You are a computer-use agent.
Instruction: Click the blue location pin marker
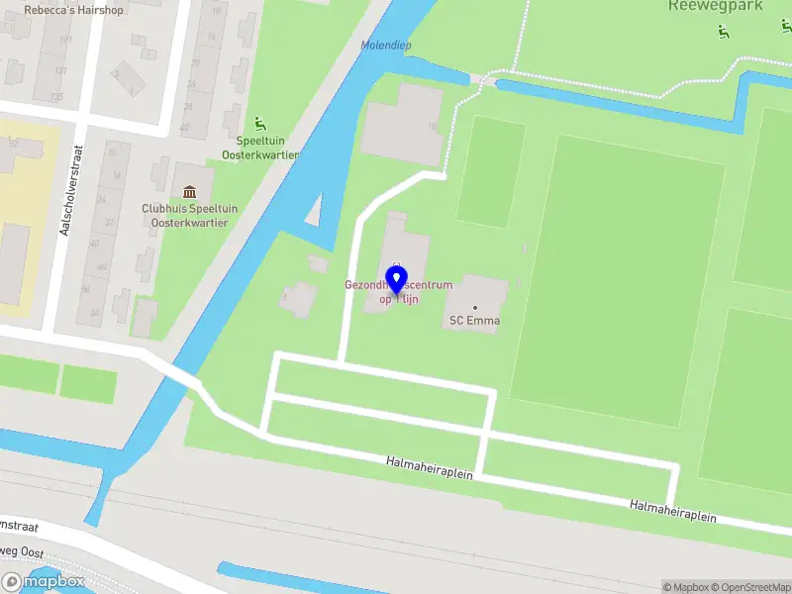(x=401, y=280)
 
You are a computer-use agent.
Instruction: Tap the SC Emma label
(x=474, y=320)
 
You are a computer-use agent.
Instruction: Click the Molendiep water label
(x=385, y=46)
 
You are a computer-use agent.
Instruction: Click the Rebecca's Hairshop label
(x=73, y=9)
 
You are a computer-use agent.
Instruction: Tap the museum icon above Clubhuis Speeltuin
(x=190, y=190)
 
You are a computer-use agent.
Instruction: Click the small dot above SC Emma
(x=474, y=307)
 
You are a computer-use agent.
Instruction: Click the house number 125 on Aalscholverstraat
(x=56, y=97)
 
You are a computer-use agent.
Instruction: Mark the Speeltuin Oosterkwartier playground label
(x=267, y=148)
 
